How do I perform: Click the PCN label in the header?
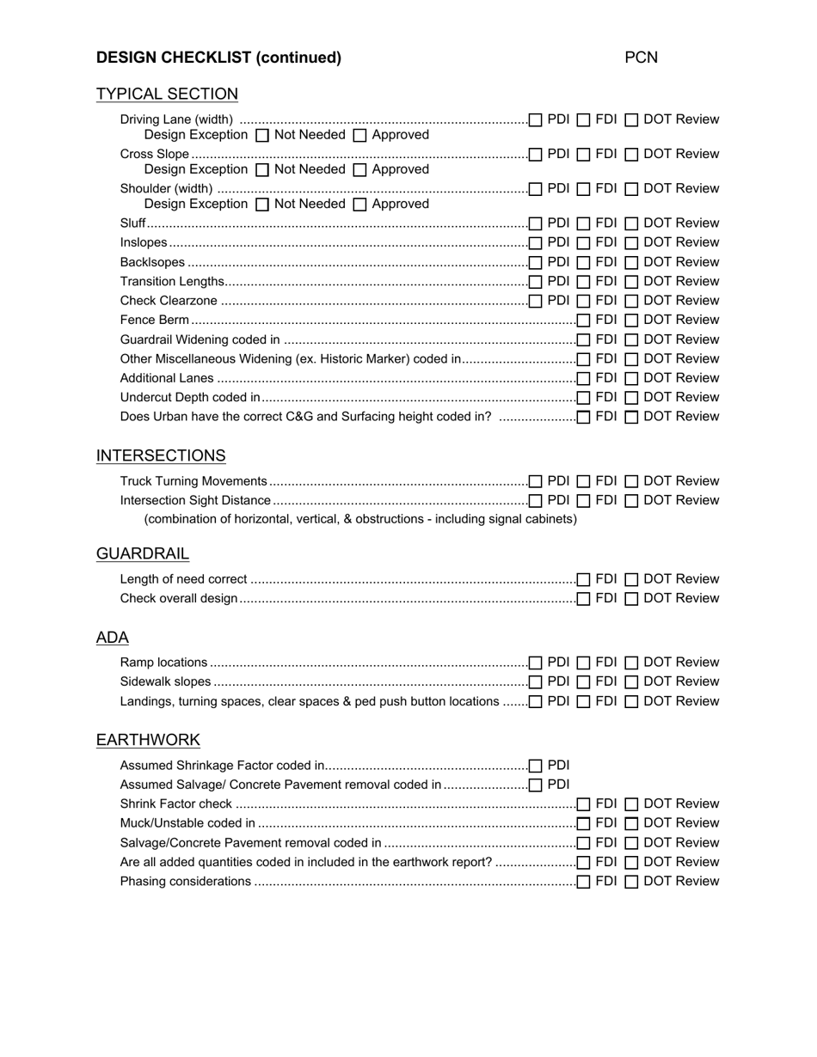click(641, 58)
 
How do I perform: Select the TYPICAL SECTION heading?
click(167, 95)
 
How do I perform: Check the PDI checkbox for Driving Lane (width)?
click(536, 120)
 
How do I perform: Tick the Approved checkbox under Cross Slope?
click(360, 170)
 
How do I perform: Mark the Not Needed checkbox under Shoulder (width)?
click(263, 205)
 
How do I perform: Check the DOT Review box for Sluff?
click(631, 223)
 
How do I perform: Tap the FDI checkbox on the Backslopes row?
click(584, 263)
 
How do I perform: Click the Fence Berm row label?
click(154, 320)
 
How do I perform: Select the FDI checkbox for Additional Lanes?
click(584, 379)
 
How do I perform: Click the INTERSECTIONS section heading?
click(161, 456)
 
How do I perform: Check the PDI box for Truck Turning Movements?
click(536, 482)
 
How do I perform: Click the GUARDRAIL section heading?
click(143, 554)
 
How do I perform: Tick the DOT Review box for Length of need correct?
click(631, 580)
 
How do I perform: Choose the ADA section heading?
click(113, 638)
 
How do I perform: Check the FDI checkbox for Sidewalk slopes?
click(584, 682)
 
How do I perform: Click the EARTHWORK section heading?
click(148, 740)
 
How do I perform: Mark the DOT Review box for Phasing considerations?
click(631, 882)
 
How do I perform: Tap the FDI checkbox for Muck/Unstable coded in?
click(584, 824)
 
